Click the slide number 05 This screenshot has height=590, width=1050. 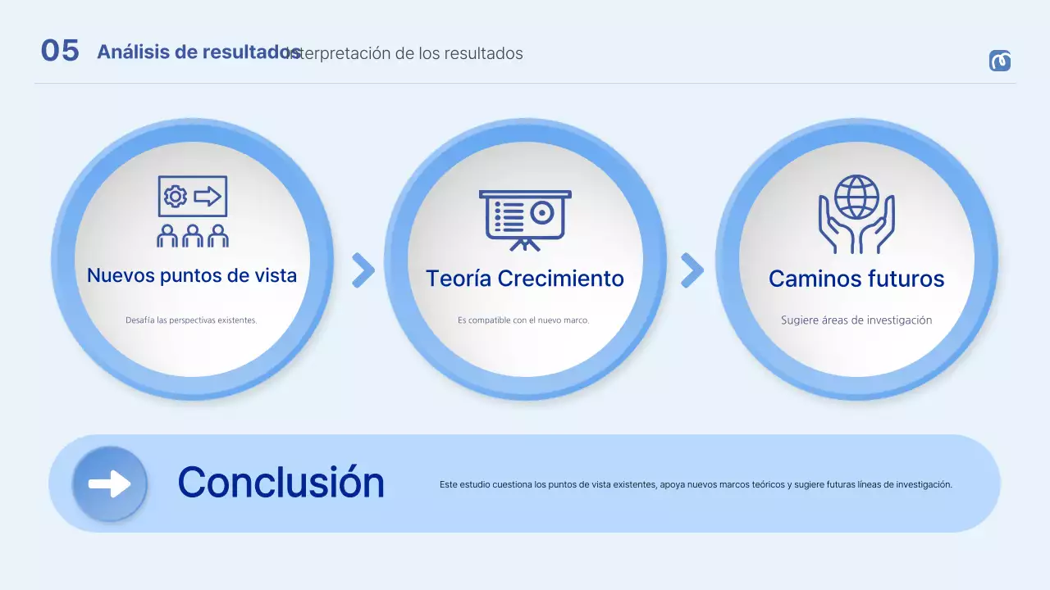[x=60, y=51]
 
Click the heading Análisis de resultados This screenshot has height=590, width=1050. [x=198, y=52]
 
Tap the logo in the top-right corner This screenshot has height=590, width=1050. [x=999, y=61]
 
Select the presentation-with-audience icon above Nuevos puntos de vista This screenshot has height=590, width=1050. [x=193, y=211]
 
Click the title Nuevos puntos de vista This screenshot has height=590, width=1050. [x=192, y=275]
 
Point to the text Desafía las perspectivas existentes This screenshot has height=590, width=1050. [x=191, y=320]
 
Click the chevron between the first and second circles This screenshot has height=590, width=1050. [x=363, y=270]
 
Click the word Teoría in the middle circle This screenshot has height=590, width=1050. [x=459, y=279]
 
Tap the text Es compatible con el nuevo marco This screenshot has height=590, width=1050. [x=523, y=320]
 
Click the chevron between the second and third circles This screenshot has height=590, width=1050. [x=692, y=270]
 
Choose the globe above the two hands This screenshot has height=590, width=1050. [x=856, y=196]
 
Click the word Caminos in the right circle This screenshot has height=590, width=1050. [x=810, y=279]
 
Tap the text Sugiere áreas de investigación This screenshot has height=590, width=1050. [x=856, y=320]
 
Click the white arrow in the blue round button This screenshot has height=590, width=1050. [x=110, y=483]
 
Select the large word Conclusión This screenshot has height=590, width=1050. [x=281, y=482]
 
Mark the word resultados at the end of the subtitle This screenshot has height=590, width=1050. [x=483, y=54]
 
